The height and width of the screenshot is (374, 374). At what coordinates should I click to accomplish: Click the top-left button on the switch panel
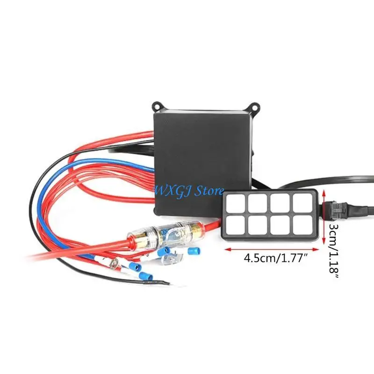pyautogui.click(x=235, y=203)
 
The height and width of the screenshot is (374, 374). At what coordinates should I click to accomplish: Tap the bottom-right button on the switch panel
pyautogui.click(x=302, y=225)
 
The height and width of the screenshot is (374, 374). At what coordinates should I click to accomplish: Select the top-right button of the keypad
pyautogui.click(x=302, y=203)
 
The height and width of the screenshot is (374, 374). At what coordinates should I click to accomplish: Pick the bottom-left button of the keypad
pyautogui.click(x=235, y=225)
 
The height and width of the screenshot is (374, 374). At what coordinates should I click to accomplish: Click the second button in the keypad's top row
pyautogui.click(x=258, y=203)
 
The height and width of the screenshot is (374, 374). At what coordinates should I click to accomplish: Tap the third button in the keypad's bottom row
pyautogui.click(x=280, y=225)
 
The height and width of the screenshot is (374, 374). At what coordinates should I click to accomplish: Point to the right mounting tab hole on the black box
pyautogui.click(x=255, y=106)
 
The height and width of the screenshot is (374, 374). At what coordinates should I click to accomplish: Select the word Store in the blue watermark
pyautogui.click(x=209, y=191)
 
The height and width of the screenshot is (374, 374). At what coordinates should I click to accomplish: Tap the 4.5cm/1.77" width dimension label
pyautogui.click(x=275, y=259)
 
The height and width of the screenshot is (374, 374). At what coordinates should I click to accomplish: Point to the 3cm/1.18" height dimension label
pyautogui.click(x=334, y=251)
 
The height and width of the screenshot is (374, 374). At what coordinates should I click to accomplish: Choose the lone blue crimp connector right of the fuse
pyautogui.click(x=194, y=251)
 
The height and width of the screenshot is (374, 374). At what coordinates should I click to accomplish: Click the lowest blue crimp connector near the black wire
pyautogui.click(x=146, y=276)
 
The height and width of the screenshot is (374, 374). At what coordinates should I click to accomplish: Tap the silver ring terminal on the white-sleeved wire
pyautogui.click(x=115, y=264)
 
